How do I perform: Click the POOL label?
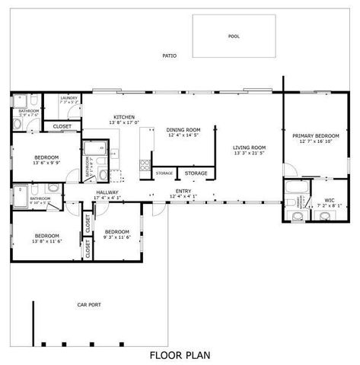pyautogui.click(x=234, y=36)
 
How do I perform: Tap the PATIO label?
pyautogui.click(x=169, y=56)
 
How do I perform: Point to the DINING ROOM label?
pyautogui.click(x=183, y=130)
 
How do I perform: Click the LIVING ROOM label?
pyautogui.click(x=249, y=148)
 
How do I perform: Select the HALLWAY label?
pyautogui.click(x=107, y=192)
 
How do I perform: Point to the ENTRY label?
pyautogui.click(x=183, y=191)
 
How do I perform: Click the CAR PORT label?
pyautogui.click(x=89, y=305)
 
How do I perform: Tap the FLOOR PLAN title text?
pyautogui.click(x=180, y=354)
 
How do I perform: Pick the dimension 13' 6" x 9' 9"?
pyautogui.click(x=46, y=163)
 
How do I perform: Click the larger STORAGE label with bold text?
pyautogui.click(x=196, y=173)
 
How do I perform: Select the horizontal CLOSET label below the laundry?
pyautogui.click(x=62, y=126)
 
